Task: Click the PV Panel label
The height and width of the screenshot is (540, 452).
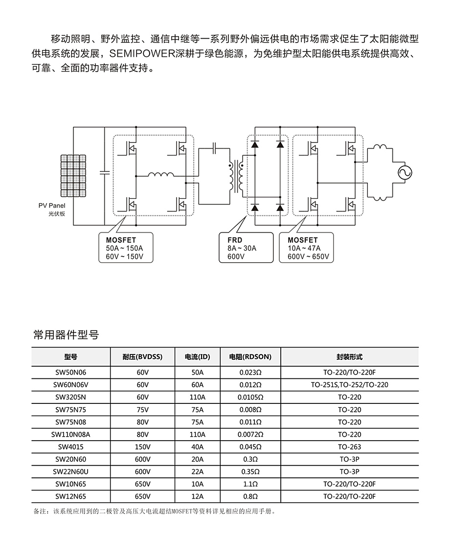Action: [x=52, y=206]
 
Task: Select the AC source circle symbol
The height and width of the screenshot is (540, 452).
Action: [x=405, y=172]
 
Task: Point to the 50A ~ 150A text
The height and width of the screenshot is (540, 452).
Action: [x=124, y=248]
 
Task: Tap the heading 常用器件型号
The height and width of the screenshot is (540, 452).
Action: [x=66, y=335]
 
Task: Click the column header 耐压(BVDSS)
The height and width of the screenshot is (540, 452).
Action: [x=142, y=357]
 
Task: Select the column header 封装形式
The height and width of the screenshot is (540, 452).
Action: [x=349, y=357]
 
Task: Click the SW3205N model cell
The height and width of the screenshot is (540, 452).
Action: [x=71, y=397]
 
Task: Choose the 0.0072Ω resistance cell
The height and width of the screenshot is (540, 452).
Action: [x=250, y=434]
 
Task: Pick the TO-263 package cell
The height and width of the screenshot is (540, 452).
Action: [x=349, y=446]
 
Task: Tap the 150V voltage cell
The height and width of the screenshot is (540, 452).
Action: [x=142, y=446]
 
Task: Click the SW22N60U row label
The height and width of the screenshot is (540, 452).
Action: [x=71, y=471]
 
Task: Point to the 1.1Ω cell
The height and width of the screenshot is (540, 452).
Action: [x=250, y=484]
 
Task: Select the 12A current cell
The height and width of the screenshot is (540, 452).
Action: [x=197, y=496]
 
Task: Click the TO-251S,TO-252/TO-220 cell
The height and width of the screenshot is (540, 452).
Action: [x=349, y=385]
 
